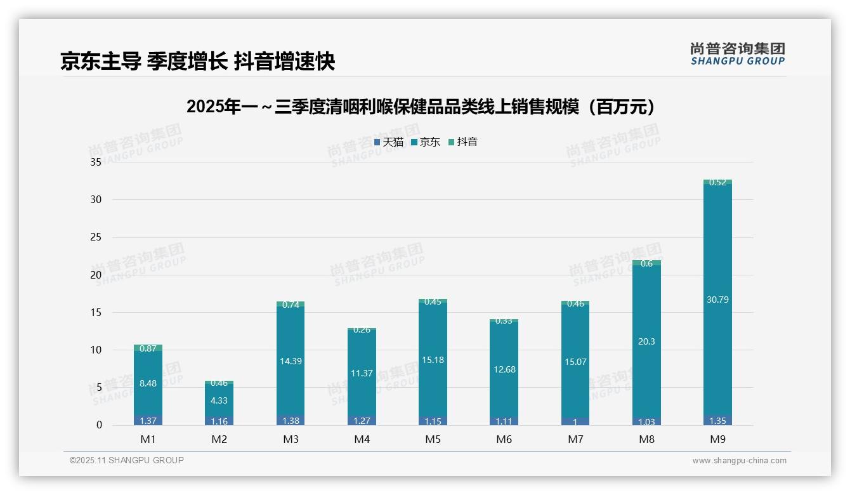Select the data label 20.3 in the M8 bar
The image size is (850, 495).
tap(646, 341)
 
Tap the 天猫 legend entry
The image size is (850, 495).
tap(389, 142)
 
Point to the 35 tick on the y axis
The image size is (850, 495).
tap(96, 162)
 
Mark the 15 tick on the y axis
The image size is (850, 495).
tap(96, 312)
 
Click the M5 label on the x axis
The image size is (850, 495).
tap(433, 439)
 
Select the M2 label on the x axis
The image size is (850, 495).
tap(219, 439)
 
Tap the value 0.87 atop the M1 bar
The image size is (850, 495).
tap(148, 348)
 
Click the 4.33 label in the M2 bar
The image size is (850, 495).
tap(219, 400)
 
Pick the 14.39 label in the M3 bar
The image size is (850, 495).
tap(291, 361)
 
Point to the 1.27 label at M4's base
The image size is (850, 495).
tap(362, 421)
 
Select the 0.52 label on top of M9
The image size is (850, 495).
tap(717, 183)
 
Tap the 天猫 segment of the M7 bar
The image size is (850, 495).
tap(575, 421)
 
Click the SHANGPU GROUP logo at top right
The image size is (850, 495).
tap(737, 54)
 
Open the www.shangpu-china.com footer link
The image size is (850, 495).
tap(739, 461)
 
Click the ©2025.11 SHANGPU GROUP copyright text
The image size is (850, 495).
tap(127, 460)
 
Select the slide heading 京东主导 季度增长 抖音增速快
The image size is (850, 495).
tap(197, 61)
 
